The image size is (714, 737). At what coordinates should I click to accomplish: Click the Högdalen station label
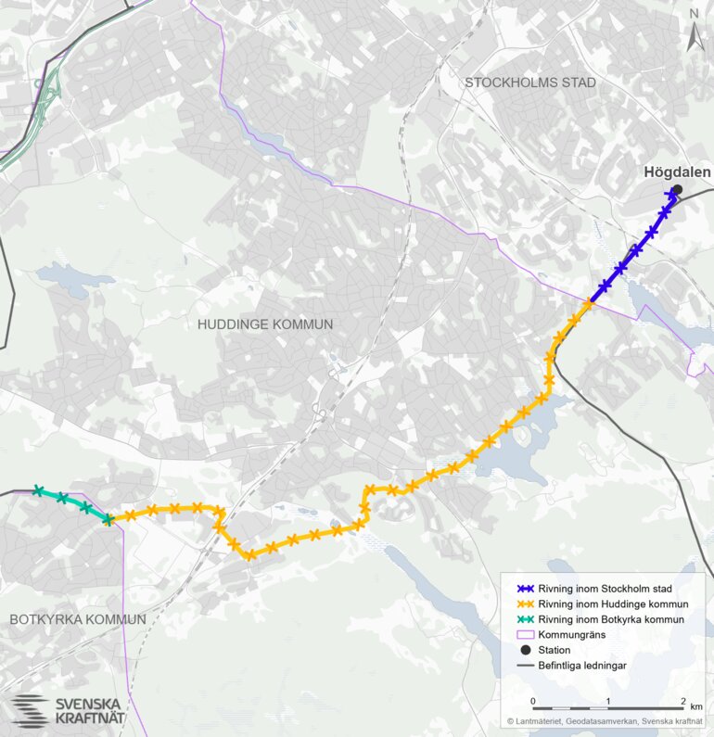[x=677, y=172]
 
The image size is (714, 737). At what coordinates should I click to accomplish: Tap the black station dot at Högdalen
[x=677, y=190]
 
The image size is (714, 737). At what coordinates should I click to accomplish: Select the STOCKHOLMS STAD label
[x=529, y=83]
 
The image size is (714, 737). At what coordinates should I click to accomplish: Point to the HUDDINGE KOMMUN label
[x=264, y=324]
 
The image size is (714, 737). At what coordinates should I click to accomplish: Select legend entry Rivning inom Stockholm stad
[x=605, y=589]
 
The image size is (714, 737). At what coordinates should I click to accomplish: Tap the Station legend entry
[x=557, y=650]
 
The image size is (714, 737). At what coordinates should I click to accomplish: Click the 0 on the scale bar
[x=533, y=700]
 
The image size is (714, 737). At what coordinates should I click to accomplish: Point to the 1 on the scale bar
[x=607, y=700]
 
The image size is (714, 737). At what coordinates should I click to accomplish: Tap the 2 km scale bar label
[x=686, y=700]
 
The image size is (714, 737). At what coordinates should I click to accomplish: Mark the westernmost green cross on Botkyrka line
[x=38, y=490]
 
